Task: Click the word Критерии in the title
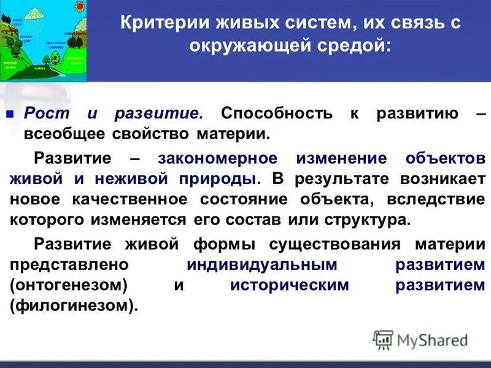(x=160, y=24)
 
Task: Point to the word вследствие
(x=441, y=200)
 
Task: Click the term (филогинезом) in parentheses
(x=71, y=305)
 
